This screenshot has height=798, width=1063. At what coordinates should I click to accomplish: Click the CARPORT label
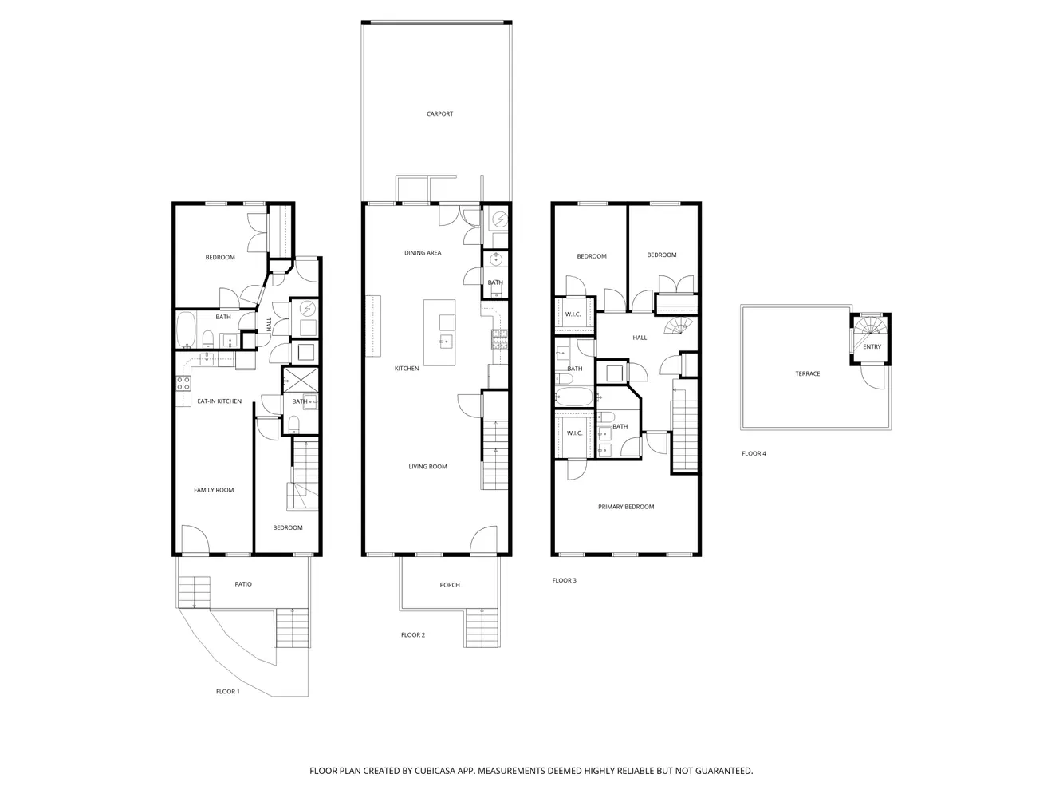click(x=439, y=114)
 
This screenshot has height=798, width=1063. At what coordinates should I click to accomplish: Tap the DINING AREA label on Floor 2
click(x=423, y=253)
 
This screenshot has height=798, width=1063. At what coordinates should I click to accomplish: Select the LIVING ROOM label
click(x=427, y=467)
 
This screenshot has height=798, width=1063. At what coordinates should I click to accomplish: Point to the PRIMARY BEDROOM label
click(x=626, y=507)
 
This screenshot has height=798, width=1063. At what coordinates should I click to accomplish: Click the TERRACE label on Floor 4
click(x=807, y=373)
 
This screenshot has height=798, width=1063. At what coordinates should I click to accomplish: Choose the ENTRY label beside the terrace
click(x=872, y=347)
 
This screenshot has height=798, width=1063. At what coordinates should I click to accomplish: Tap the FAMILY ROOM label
click(x=214, y=490)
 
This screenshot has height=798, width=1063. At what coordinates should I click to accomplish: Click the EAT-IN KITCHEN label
click(x=219, y=401)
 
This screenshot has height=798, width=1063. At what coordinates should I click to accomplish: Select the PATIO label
click(x=243, y=584)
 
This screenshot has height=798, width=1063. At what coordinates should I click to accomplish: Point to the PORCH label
click(x=450, y=585)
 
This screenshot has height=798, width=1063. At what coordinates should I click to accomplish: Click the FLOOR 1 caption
click(x=227, y=692)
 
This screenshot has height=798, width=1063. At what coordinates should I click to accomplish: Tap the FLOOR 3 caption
click(x=564, y=580)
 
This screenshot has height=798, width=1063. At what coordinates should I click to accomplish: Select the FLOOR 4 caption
click(x=754, y=453)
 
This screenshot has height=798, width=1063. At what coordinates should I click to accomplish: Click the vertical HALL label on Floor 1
click(x=270, y=325)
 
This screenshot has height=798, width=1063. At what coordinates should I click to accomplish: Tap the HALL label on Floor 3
click(x=640, y=338)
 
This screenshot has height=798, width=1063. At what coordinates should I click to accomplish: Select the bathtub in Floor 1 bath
click(x=185, y=330)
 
